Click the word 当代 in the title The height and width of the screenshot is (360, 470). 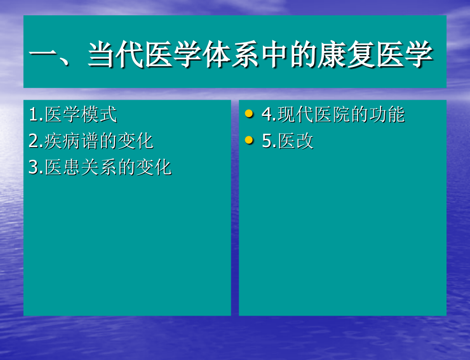[115, 55]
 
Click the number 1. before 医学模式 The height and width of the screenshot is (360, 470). [36, 115]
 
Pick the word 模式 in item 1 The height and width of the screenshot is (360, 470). [99, 115]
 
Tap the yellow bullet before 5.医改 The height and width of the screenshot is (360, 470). [249, 140]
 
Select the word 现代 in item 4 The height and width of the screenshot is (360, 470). [296, 115]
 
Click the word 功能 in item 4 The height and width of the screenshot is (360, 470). [387, 115]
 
